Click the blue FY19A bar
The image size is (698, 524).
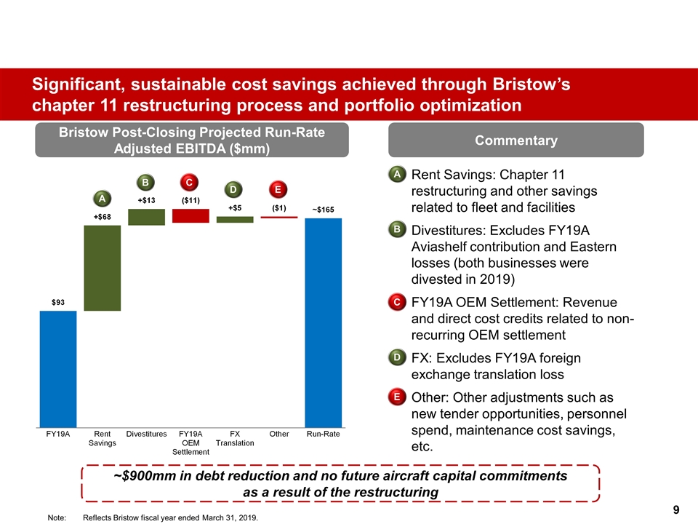57,368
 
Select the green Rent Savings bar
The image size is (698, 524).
102,268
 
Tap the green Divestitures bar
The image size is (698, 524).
146,217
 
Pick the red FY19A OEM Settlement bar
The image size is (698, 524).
190,215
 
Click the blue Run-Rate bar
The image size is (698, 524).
323,322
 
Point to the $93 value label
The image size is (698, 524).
57,301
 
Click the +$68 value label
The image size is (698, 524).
102,215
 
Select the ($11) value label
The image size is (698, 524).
190,199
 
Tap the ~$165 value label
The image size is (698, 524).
323,209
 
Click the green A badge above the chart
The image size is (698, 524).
103,198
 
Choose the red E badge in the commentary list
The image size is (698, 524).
397,397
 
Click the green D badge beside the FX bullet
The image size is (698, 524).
397,357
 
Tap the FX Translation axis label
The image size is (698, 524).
235,438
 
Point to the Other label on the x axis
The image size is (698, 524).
279,434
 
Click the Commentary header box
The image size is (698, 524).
517,140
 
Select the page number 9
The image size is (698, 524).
676,509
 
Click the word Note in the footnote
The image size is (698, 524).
56,517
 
